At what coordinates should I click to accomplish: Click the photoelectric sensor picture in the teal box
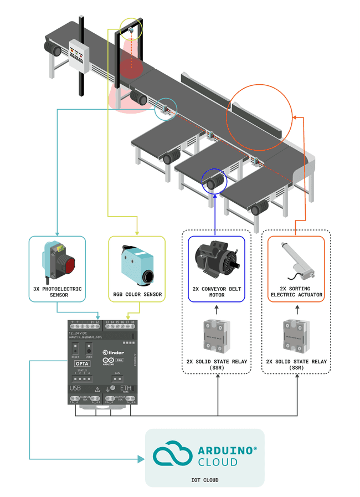[x=58, y=262]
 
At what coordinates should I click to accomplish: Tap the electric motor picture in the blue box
[x=216, y=260]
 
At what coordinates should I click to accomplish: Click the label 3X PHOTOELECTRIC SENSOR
[x=58, y=292]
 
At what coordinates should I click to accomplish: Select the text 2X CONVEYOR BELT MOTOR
[x=216, y=292]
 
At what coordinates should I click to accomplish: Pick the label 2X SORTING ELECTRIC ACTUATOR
[x=296, y=292]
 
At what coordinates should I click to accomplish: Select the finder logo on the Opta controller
[x=113, y=352]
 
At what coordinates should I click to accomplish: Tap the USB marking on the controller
[x=75, y=388]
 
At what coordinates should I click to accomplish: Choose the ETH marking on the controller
[x=126, y=388]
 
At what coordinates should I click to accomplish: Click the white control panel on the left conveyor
[x=79, y=55]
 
